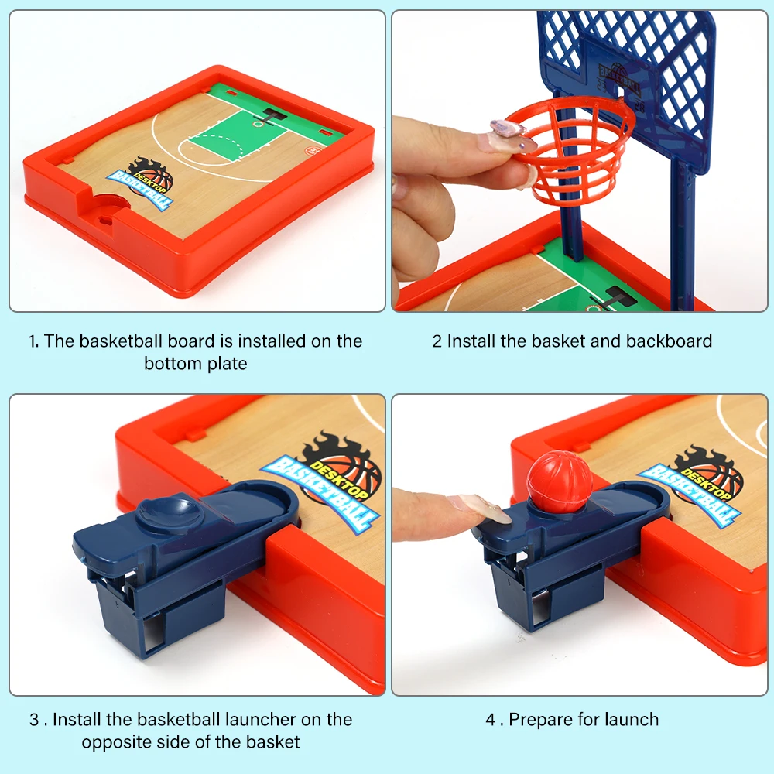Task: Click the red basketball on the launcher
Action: tap(560, 481)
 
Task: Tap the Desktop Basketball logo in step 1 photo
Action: tap(142, 183)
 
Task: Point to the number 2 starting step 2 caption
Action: tap(437, 341)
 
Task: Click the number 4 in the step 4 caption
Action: tap(490, 719)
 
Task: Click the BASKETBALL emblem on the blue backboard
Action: tap(619, 79)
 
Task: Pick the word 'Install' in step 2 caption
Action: tap(471, 341)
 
